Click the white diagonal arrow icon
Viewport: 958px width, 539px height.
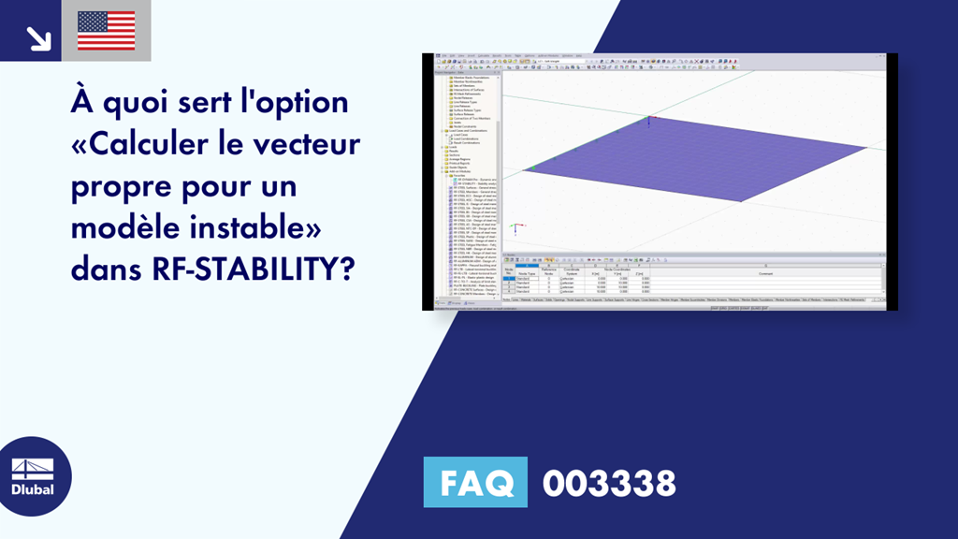coord(37,36)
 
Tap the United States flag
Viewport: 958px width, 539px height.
coord(106,31)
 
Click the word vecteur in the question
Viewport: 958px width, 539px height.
coord(305,145)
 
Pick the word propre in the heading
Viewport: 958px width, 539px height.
coord(118,187)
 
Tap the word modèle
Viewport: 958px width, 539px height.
coord(119,229)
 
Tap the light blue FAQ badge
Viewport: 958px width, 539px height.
coord(475,484)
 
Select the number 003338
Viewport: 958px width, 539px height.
coord(609,484)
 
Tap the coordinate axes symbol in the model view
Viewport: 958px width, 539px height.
coord(514,226)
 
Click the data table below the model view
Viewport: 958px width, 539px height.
coord(692,279)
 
